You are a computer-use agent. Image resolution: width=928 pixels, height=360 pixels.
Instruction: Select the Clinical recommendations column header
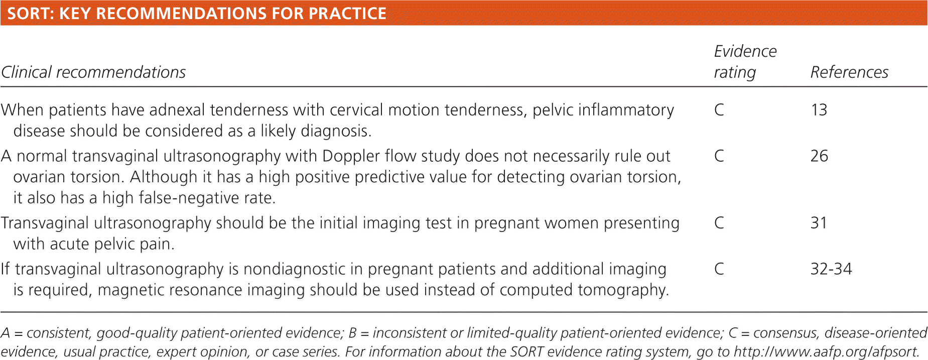(93, 72)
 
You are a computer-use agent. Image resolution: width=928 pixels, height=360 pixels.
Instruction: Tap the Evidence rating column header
(745, 62)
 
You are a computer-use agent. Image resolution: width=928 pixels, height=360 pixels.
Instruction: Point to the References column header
(849, 72)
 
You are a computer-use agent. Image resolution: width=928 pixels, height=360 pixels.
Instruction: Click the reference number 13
(819, 110)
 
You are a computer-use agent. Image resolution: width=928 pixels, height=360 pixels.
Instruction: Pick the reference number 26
(819, 156)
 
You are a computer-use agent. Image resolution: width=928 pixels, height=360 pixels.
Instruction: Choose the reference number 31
(819, 223)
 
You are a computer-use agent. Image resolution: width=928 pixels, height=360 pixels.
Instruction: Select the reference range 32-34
(831, 269)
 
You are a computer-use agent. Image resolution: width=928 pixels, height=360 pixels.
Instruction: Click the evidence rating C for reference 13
(719, 110)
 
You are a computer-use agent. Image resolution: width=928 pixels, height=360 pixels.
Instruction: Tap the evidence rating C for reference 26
(719, 156)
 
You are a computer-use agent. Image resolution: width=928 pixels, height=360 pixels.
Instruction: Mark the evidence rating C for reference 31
(719, 223)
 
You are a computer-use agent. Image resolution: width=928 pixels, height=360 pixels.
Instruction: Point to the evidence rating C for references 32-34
(719, 269)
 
